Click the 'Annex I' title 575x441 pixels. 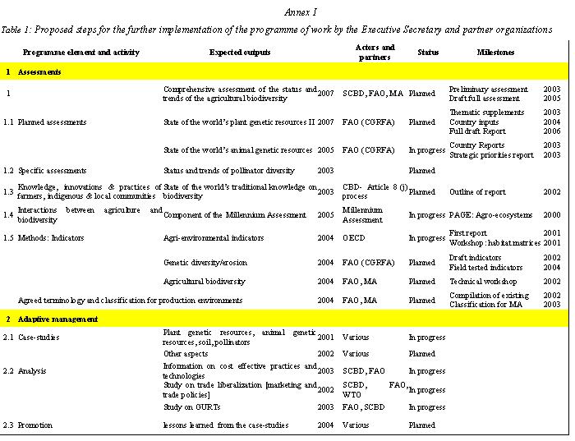tap(300, 12)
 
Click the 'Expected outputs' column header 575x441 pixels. tap(240, 53)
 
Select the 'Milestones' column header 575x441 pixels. tap(495, 53)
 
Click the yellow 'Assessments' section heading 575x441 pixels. tap(39, 72)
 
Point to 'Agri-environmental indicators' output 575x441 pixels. tap(214, 238)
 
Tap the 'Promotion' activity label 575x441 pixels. tap(35, 425)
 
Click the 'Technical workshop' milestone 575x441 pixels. tap(483, 282)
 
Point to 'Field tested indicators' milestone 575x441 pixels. tap(485, 268)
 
